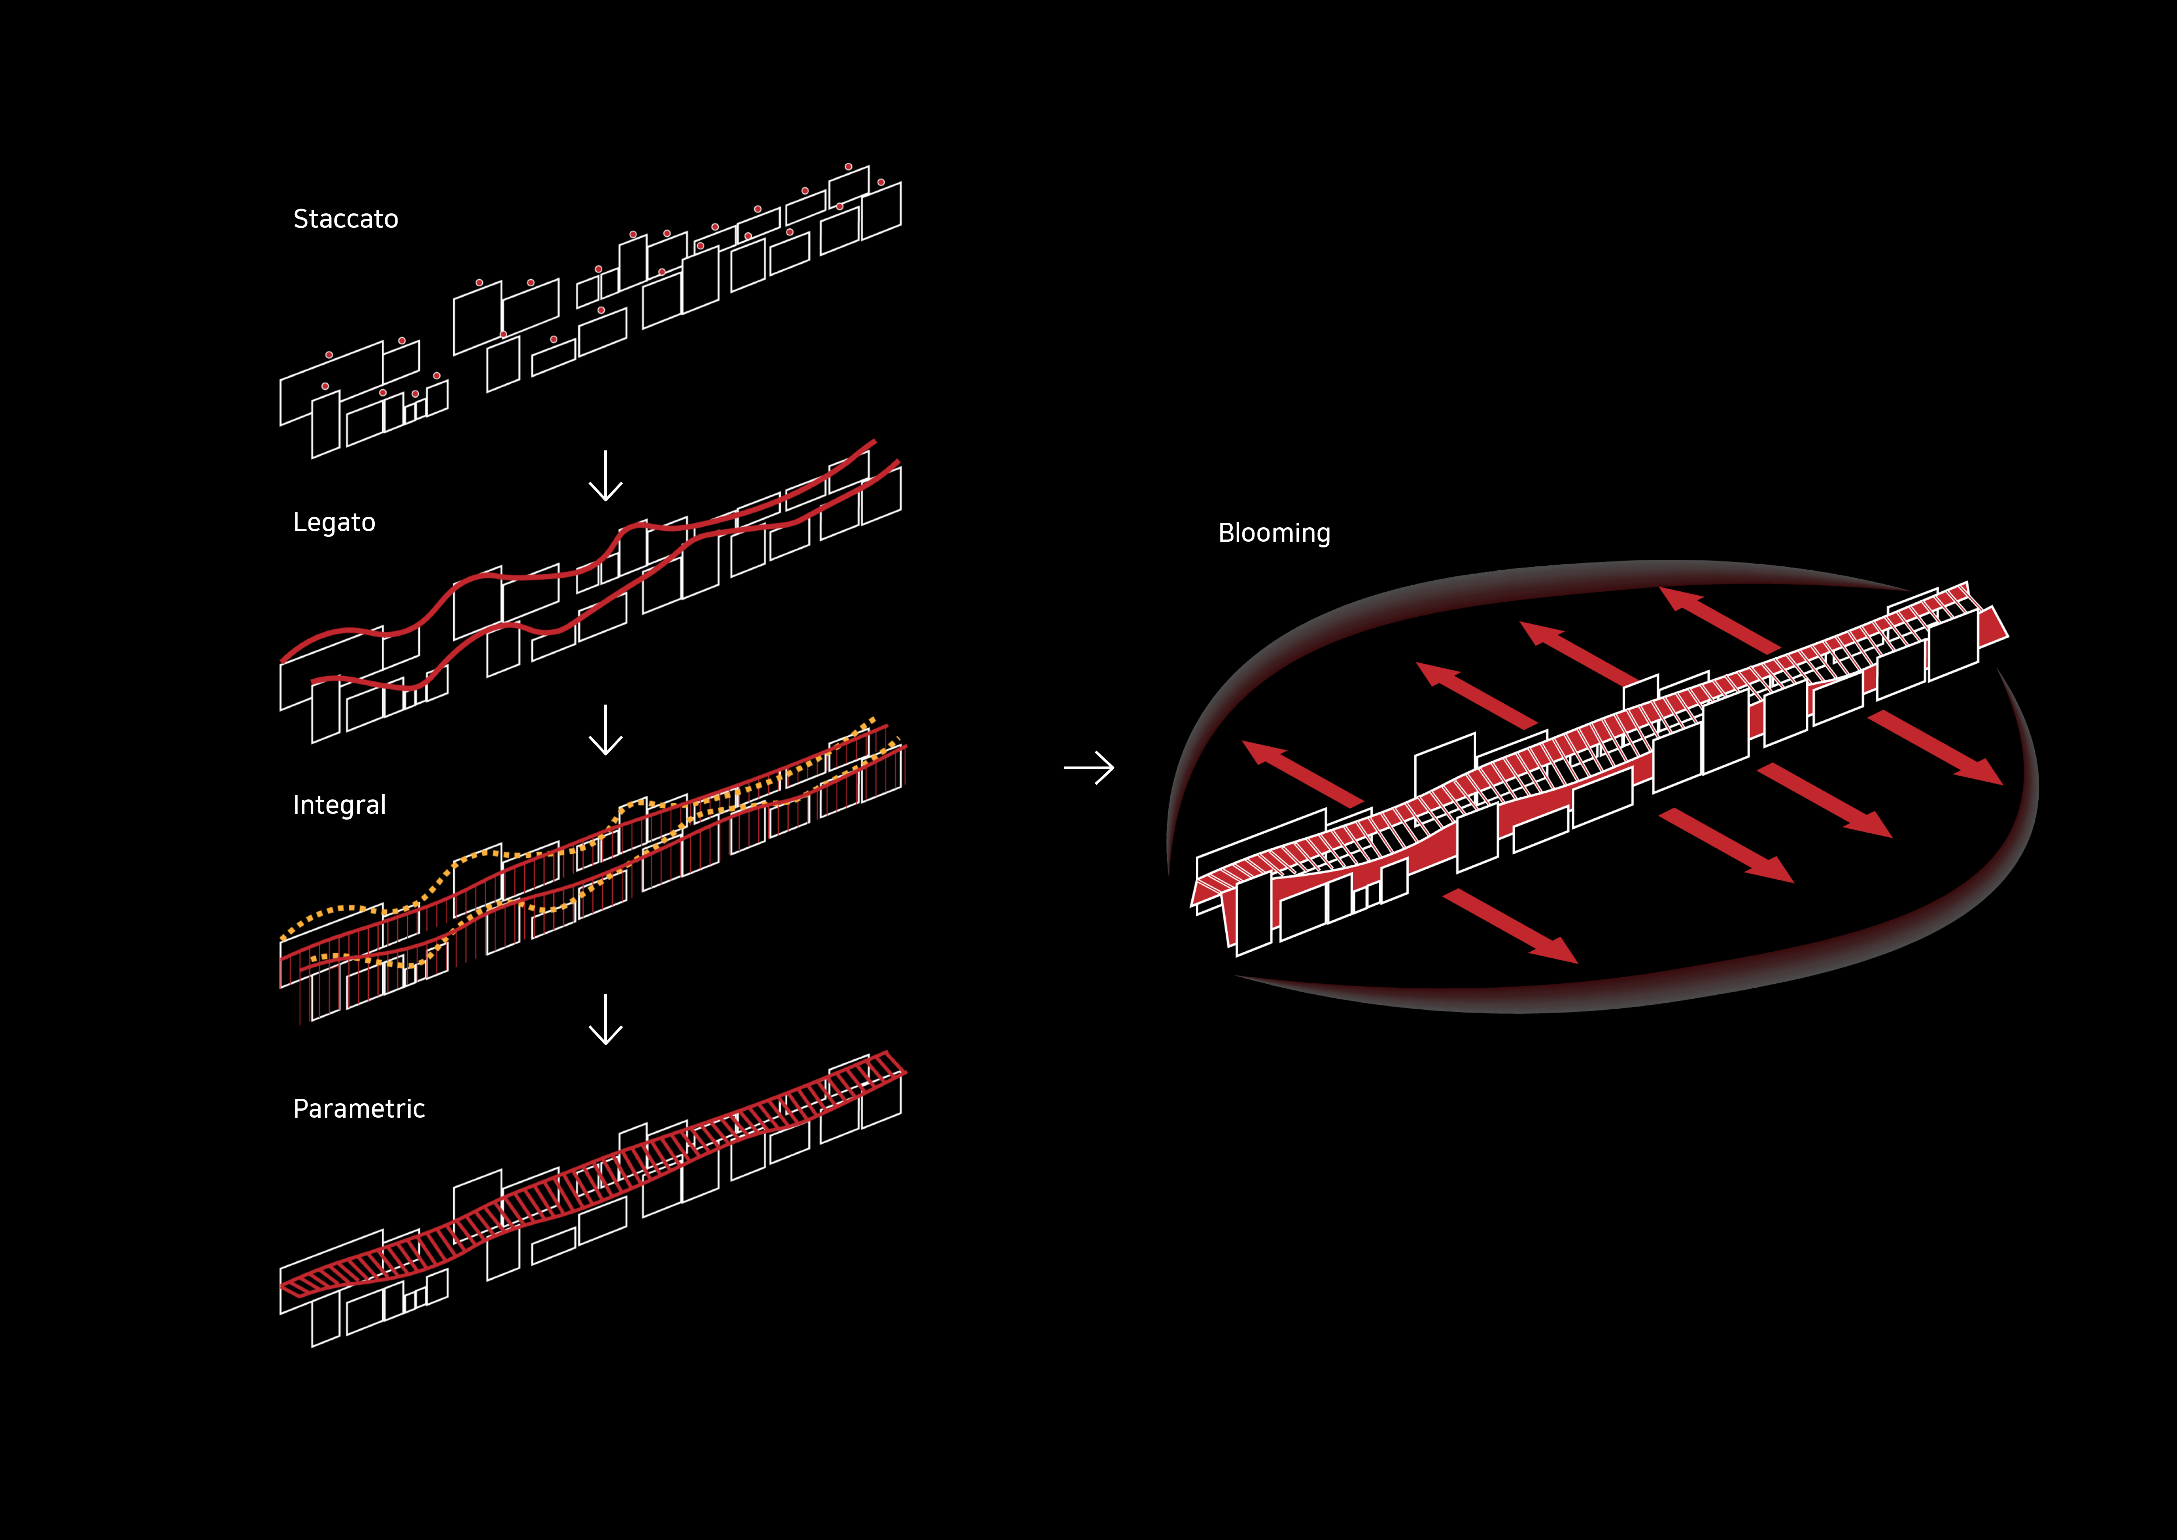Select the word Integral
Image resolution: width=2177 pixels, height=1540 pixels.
(x=340, y=805)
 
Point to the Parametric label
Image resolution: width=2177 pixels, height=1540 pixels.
(x=359, y=1108)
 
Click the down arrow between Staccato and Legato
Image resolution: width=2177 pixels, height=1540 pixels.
(x=606, y=476)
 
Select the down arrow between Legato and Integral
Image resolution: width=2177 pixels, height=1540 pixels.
(x=606, y=730)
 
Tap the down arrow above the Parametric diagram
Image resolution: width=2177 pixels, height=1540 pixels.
(x=606, y=1019)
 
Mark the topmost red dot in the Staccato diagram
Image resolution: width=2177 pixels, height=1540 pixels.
(x=849, y=167)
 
